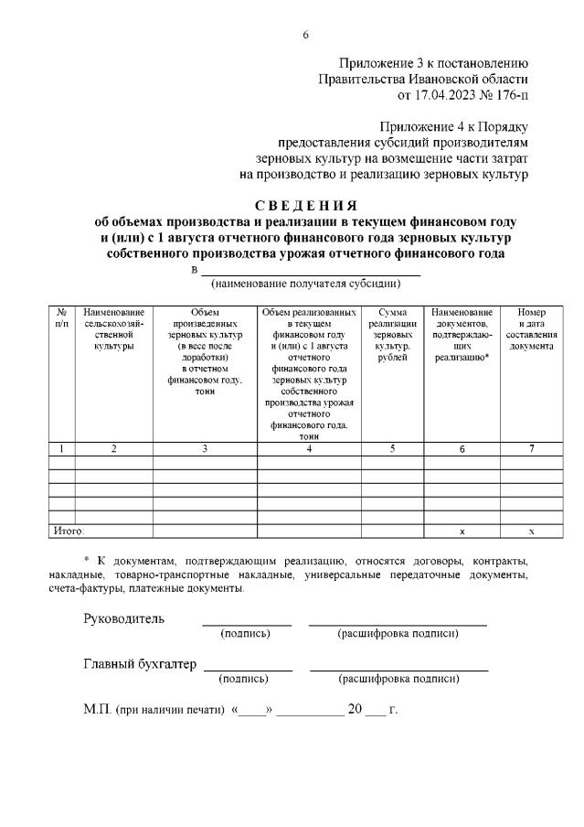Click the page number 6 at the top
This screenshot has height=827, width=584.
tap(306, 35)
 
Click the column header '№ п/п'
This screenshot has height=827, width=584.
tap(61, 318)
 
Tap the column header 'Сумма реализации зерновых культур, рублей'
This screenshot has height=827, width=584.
tap(392, 331)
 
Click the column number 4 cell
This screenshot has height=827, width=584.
tap(310, 449)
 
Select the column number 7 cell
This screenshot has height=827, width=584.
tap(531, 449)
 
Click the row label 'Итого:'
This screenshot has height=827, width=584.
tap(67, 531)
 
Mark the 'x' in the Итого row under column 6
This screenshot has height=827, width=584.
tap(462, 532)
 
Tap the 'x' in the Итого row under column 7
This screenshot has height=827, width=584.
tap(531, 532)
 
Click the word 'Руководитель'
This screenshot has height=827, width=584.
tap(124, 618)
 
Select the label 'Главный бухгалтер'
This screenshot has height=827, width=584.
tap(140, 664)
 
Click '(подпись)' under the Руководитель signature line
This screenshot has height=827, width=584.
tap(245, 633)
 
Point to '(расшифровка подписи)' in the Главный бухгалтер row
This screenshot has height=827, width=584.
tap(398, 679)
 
